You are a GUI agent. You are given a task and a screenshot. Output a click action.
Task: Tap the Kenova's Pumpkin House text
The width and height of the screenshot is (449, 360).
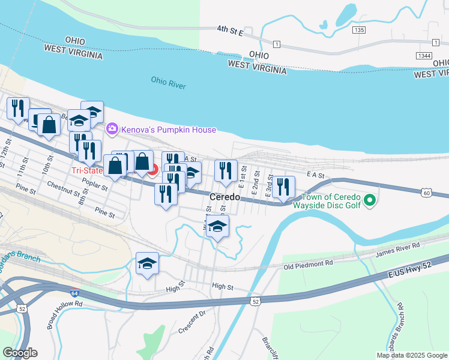(x=169, y=130)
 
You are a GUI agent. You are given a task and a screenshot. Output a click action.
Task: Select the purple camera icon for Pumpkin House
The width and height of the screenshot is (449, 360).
(x=112, y=129)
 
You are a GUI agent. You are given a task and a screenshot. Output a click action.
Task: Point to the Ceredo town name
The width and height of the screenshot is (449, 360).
(x=225, y=197)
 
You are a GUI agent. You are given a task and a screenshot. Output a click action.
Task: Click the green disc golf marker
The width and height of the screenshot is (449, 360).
(x=370, y=200)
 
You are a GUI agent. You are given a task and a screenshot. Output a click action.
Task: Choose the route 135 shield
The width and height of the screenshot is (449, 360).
(x=359, y=29)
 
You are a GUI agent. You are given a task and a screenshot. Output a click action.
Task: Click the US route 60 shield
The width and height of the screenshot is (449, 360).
(x=426, y=193)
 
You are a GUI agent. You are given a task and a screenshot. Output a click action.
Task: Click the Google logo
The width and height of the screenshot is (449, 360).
(x=20, y=352)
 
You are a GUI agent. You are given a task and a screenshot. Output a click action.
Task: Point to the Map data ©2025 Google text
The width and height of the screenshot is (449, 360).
(x=411, y=355)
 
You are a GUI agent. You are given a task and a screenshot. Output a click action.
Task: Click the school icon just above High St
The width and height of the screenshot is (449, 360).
(x=147, y=263)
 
